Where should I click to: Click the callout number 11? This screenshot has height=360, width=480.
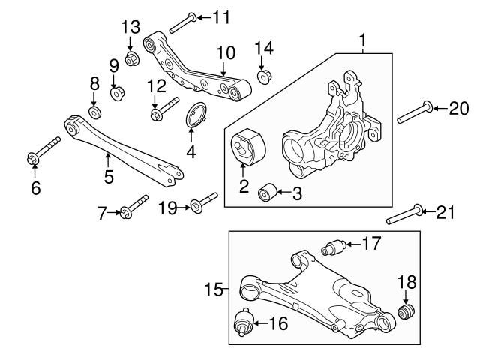coord(222,16)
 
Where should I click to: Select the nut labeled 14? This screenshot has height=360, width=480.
coord(264,76)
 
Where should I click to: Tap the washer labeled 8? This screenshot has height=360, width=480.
coord(94,112)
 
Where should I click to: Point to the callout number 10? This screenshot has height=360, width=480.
coord(226,53)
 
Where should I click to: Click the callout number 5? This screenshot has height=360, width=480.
coord(109,177)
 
